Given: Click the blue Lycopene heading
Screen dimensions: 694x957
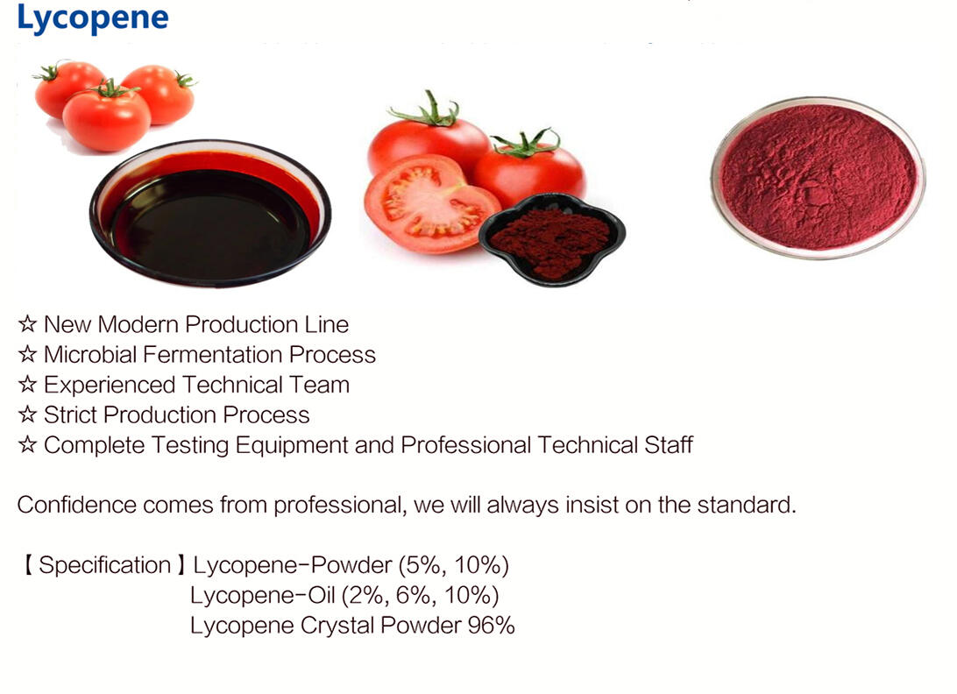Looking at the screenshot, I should [x=92, y=19].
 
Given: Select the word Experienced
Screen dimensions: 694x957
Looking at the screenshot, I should [x=110, y=385].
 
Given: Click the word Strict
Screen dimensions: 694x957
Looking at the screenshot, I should [x=70, y=414].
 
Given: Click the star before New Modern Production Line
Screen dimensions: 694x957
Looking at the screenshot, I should [x=27, y=325].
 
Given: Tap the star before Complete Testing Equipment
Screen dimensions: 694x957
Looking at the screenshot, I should [x=27, y=445].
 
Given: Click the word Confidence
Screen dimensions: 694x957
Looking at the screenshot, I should [x=77, y=506].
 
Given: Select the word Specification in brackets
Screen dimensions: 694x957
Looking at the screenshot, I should [x=104, y=566].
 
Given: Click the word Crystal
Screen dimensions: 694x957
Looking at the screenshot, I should [x=337, y=627].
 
